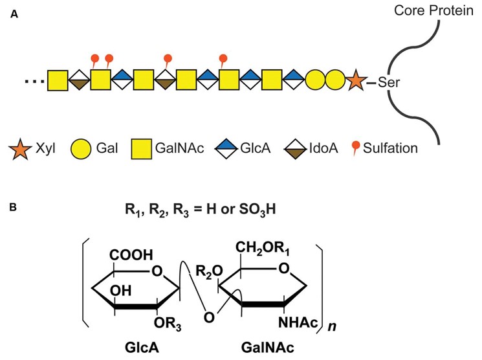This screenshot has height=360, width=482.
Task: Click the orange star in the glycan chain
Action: [x=355, y=82]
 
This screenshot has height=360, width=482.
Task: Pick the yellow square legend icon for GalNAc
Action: [x=142, y=148]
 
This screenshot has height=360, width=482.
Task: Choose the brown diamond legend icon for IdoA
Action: [x=294, y=148]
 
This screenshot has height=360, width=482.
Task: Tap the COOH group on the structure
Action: [x=132, y=256]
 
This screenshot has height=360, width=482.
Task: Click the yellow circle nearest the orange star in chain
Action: [x=334, y=82]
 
